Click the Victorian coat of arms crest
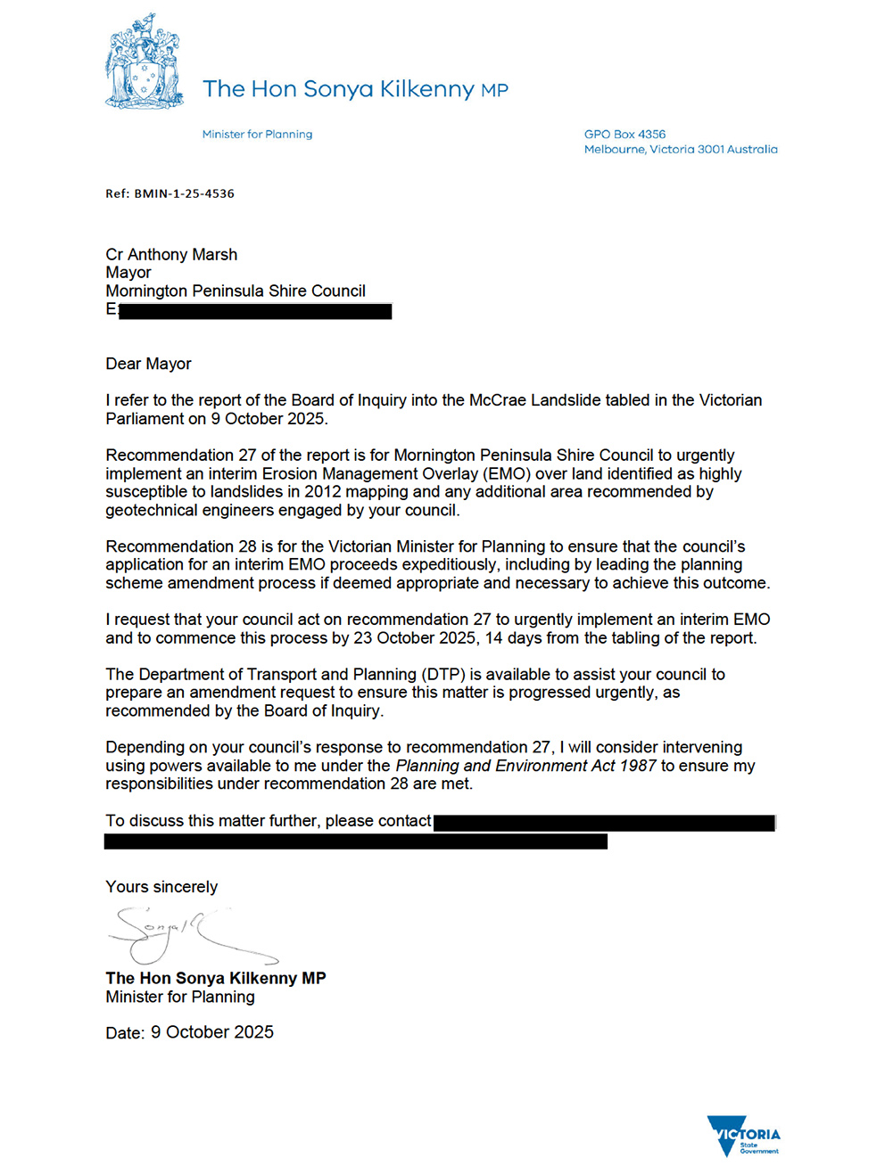pos(145,62)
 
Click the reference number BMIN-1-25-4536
pos(184,193)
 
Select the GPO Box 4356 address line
pos(624,135)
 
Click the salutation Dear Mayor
pos(148,364)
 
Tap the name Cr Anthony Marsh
pos(171,255)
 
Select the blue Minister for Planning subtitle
pos(257,135)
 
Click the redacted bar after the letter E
pos(254,311)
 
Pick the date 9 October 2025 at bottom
pos(212,1032)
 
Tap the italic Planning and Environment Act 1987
pos(525,766)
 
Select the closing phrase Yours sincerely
pos(161,887)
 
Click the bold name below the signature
pos(216,978)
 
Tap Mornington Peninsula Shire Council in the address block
pos(236,291)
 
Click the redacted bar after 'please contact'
pos(603,823)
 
